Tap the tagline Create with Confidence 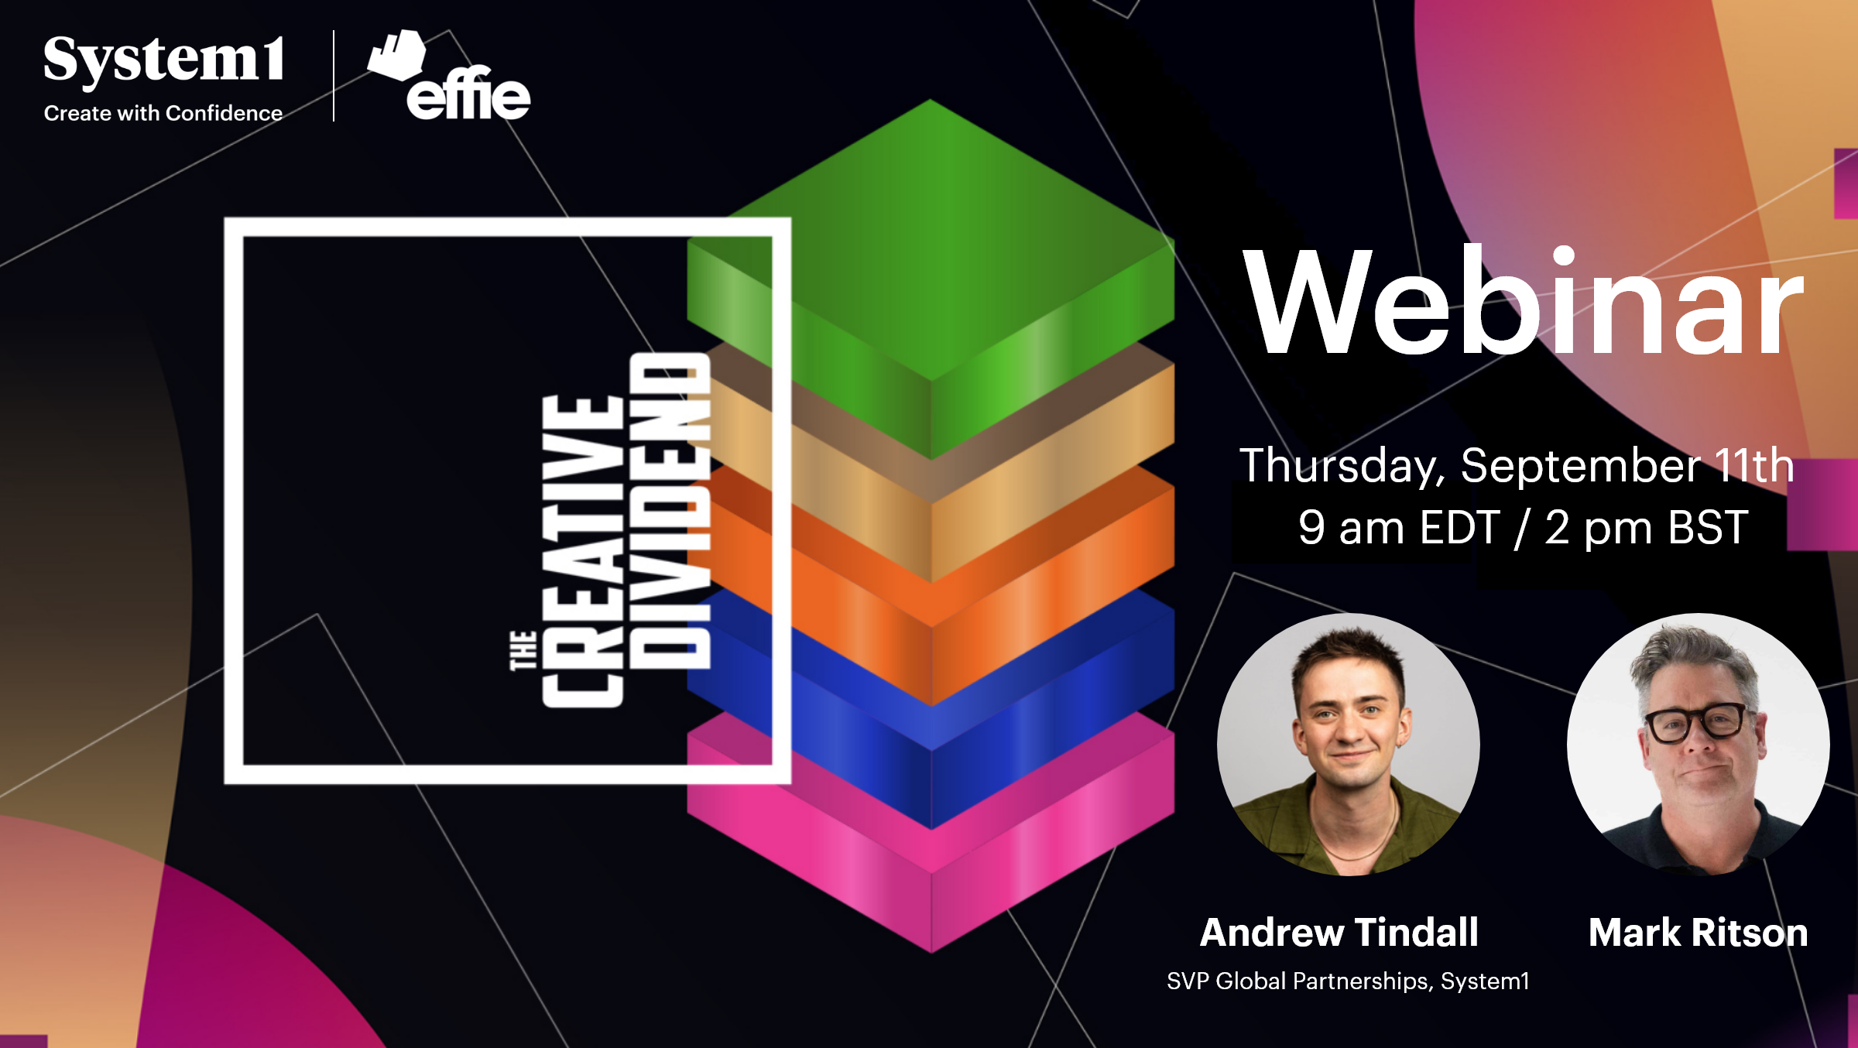click(163, 113)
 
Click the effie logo click(449, 76)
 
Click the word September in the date click(1581, 466)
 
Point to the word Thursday click(1342, 466)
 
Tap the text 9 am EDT click(1399, 528)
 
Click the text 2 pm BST click(1647, 528)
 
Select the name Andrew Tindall click(1339, 932)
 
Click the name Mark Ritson click(1699, 932)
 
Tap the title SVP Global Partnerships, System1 click(1348, 981)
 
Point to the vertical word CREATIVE click(583, 551)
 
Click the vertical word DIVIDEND click(669, 511)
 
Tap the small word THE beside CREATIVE click(523, 650)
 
